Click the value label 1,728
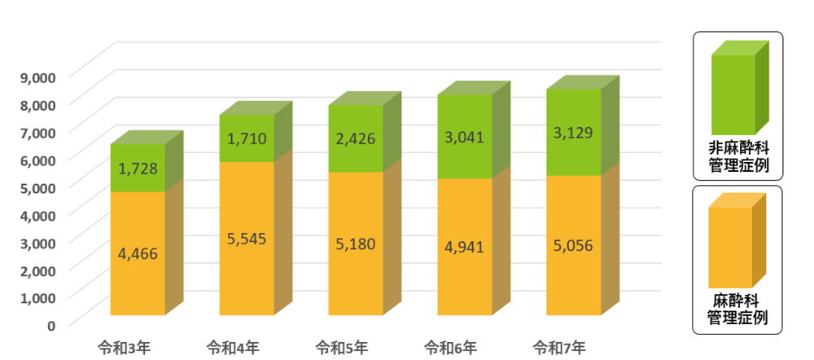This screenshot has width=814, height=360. coord(138,169)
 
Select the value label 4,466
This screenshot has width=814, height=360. coord(138,253)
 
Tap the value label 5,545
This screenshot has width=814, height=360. coord(247,239)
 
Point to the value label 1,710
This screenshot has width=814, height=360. coord(247,139)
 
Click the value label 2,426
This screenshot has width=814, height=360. coord(355,139)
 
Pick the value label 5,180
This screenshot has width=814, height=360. coord(355,244)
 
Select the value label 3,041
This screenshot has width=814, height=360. coord(464,137)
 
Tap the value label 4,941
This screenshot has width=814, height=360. coord(464,246)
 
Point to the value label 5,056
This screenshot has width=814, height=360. coord(572,245)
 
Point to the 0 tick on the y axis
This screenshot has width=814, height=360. coord(50,325)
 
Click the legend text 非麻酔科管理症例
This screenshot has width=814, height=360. coord(737,158)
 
